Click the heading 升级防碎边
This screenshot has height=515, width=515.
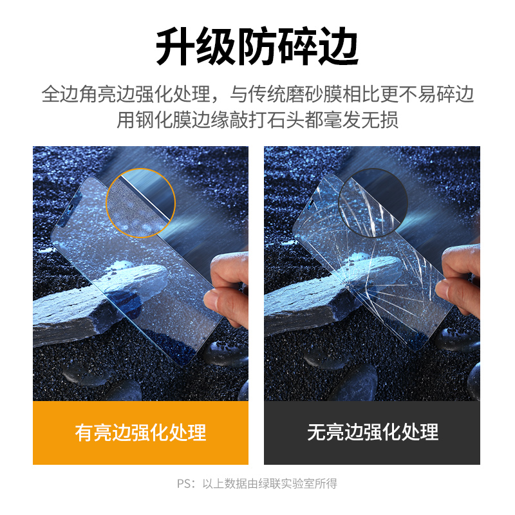click(x=257, y=48)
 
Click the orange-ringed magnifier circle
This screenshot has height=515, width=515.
click(x=141, y=203)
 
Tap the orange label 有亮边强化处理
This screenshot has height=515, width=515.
click(x=140, y=433)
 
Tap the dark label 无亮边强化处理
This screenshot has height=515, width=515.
click(x=372, y=433)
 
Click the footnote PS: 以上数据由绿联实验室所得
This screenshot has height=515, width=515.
click(x=257, y=483)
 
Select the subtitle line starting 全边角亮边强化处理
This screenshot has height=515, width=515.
click(x=257, y=95)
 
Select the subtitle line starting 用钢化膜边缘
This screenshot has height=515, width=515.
click(x=257, y=120)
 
